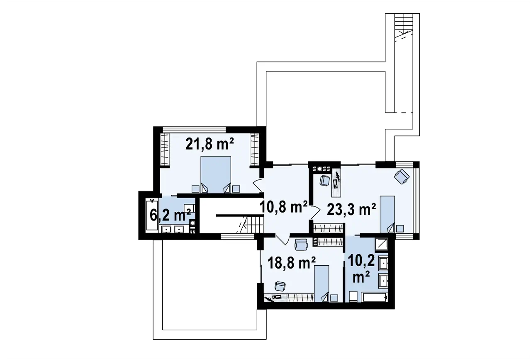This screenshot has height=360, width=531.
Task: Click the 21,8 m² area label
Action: [x=209, y=144]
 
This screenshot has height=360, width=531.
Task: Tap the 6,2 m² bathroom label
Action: [x=170, y=215]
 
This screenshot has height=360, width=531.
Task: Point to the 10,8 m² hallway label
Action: [x=283, y=207]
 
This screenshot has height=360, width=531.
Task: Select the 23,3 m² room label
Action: [x=351, y=209]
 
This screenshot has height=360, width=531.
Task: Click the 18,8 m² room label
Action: [x=292, y=263]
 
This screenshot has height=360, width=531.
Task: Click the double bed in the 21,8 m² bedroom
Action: [x=216, y=174]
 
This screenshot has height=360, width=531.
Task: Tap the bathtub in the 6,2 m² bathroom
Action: [x=152, y=215]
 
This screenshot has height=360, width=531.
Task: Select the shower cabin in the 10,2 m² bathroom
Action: [x=381, y=245]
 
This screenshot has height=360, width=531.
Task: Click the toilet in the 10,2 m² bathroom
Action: [x=353, y=296]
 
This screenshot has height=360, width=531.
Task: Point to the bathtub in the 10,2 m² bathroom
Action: [x=374, y=297]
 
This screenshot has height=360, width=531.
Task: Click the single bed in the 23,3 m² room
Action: [x=387, y=214]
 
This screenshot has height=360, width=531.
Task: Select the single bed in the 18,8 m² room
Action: [x=322, y=284]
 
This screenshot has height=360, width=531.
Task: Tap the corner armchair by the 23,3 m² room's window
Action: [x=402, y=176]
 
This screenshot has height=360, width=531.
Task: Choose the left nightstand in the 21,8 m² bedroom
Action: [x=195, y=189]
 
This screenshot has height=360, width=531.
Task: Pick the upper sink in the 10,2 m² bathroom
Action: [x=384, y=263]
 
